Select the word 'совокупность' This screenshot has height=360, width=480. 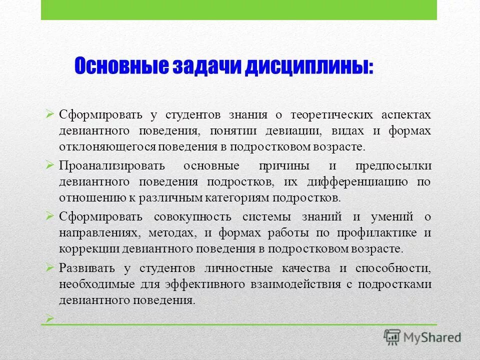click(192, 217)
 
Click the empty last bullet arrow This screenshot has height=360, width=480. click(49, 317)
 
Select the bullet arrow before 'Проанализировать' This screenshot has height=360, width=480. click(49, 164)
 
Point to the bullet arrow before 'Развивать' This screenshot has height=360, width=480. click(49, 267)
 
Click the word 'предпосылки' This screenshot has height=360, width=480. click(393, 166)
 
